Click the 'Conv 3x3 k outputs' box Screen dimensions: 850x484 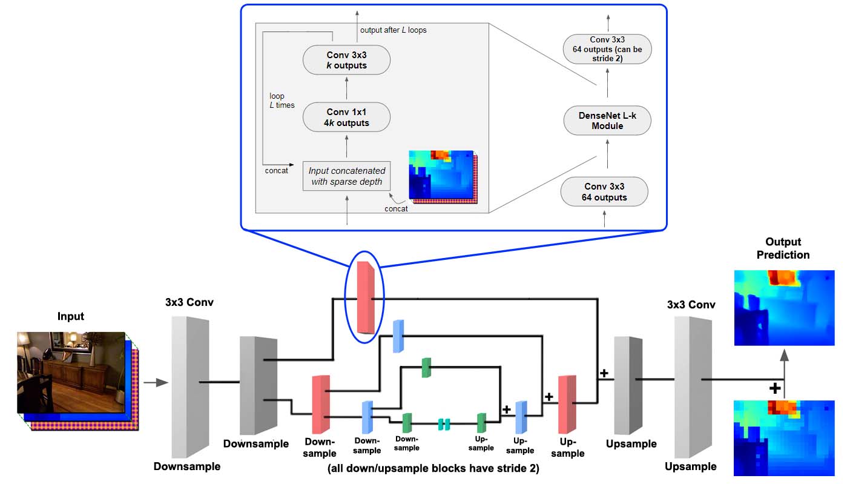(346, 60)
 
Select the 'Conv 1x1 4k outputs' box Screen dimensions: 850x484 (346, 118)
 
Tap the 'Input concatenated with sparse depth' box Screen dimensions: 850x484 (346, 176)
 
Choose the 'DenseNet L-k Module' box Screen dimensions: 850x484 (607, 121)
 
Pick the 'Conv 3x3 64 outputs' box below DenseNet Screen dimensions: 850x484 (604, 191)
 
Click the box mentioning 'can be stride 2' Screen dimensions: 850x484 (607, 49)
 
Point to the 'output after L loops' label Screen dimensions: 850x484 (393, 30)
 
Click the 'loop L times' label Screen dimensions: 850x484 (282, 101)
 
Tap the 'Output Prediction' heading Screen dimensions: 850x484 (783, 248)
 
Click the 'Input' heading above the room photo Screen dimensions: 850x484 (71, 316)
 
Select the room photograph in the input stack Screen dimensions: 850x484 (71, 373)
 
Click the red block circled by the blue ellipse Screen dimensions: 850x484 (366, 297)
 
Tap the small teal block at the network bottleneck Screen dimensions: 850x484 (444, 424)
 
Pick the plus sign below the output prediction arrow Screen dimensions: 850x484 (775, 388)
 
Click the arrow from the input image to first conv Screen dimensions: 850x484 (156, 383)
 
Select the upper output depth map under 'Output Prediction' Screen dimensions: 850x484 (785, 308)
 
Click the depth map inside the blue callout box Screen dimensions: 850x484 (443, 177)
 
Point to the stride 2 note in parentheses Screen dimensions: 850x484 (433, 468)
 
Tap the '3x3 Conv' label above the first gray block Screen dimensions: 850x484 (189, 302)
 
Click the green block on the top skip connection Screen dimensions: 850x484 (427, 368)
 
